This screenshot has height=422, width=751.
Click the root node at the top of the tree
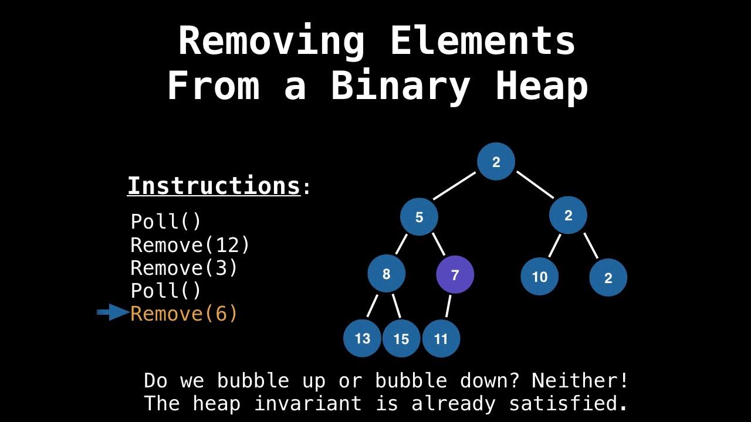point(496,162)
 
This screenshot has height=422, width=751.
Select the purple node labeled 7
point(455,274)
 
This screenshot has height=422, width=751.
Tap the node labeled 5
point(419,217)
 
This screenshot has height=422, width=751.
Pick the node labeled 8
point(386,274)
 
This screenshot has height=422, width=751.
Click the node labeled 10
point(539,277)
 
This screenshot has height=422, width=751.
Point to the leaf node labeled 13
point(363,338)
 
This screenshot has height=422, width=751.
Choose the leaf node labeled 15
point(401,339)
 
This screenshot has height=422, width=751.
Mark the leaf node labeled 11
point(441,339)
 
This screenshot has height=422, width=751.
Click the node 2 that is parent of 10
point(568,216)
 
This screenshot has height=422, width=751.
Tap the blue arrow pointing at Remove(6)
point(113,313)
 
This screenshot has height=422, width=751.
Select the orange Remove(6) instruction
point(184,314)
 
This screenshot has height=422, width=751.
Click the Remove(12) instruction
point(190,245)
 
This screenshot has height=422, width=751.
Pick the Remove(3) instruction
point(184,268)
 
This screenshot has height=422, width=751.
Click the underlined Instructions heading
point(214,186)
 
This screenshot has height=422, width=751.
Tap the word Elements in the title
point(482,41)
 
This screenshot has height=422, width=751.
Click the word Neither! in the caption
point(580,381)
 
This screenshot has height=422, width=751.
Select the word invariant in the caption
point(308,403)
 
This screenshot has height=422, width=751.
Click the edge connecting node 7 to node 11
point(449,306)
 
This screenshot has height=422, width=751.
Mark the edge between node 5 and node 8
point(401,244)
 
